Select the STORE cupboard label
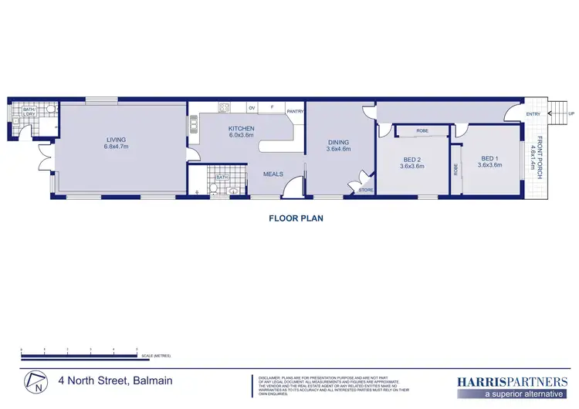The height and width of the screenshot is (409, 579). click(x=366, y=189)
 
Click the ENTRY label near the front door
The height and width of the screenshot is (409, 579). click(x=533, y=114)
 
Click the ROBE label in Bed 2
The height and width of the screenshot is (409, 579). click(x=422, y=131)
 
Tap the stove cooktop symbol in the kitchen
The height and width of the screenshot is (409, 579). click(x=225, y=108)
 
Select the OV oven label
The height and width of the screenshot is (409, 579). click(x=252, y=108)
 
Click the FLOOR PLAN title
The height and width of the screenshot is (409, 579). click(x=296, y=218)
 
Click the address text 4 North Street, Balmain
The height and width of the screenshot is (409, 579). click(x=115, y=380)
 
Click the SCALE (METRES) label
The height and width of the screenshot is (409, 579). click(x=155, y=356)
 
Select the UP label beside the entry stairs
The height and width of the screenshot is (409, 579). click(x=571, y=113)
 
